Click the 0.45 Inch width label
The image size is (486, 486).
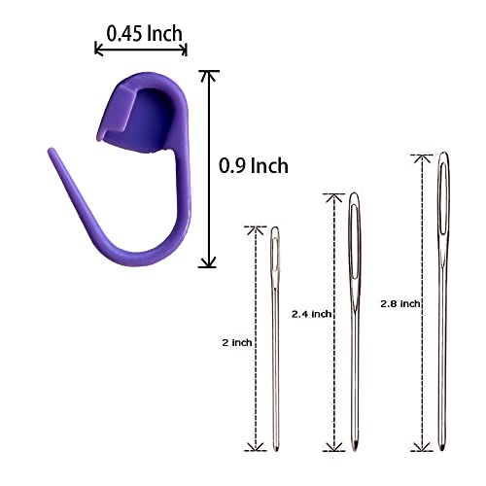click(x=145, y=33)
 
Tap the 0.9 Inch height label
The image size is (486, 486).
click(x=254, y=165)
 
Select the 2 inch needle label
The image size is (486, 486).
click(x=237, y=343)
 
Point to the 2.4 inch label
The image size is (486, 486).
click(x=311, y=314)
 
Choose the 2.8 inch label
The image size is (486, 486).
click(x=400, y=304)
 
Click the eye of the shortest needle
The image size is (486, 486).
click(x=275, y=255)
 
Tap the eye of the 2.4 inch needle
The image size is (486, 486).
click(x=354, y=241)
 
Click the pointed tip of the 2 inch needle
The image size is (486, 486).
click(x=276, y=450)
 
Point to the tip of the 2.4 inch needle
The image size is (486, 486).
click(x=356, y=450)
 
